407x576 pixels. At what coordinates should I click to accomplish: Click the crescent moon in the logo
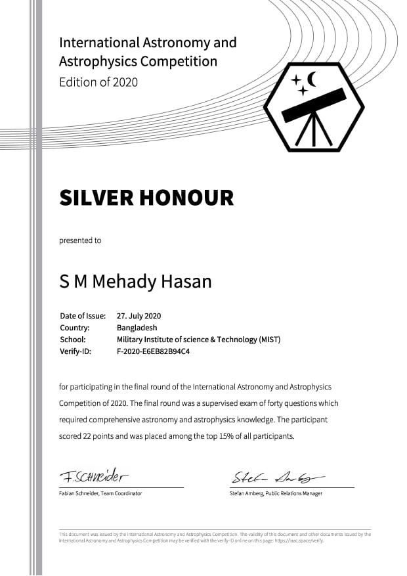(311, 79)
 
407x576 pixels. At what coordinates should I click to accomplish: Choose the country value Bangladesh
(137, 327)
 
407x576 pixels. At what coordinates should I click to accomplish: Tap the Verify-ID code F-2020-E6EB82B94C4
(153, 351)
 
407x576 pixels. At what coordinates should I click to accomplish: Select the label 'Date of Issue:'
(83, 315)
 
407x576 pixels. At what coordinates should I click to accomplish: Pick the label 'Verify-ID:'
(75, 351)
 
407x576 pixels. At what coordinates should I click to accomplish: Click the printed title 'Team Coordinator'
(121, 493)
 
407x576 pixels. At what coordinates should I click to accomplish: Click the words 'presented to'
(80, 240)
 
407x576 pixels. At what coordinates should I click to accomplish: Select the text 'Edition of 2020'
(98, 83)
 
